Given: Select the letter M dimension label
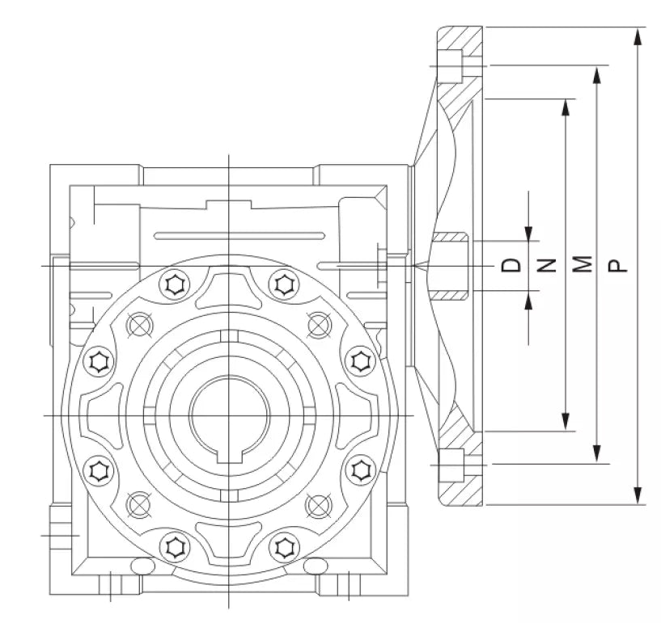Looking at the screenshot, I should (x=582, y=265).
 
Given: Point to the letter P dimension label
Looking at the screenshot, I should (x=617, y=265).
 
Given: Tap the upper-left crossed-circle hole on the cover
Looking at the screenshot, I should (x=139, y=324).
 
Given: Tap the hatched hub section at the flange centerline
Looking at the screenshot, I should (x=451, y=266).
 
